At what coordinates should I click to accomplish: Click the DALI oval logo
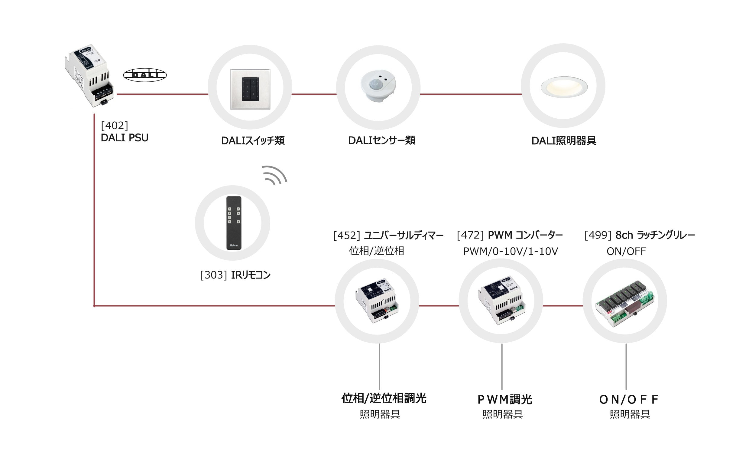145,75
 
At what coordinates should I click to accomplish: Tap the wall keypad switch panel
250,89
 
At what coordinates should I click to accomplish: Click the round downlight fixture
564,87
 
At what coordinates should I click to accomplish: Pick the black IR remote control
234,223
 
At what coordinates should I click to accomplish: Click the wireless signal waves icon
274,175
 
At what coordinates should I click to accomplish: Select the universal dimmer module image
377,301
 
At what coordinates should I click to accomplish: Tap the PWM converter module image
501,300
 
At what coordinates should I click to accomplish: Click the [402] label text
115,126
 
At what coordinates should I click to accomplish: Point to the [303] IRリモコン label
235,275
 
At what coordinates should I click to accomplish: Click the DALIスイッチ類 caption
253,141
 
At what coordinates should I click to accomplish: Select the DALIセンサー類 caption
382,140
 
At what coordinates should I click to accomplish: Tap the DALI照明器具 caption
564,141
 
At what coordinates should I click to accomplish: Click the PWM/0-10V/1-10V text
511,251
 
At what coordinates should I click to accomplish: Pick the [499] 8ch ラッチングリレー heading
640,235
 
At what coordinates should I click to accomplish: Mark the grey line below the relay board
626,366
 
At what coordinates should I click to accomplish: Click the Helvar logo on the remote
234,245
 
